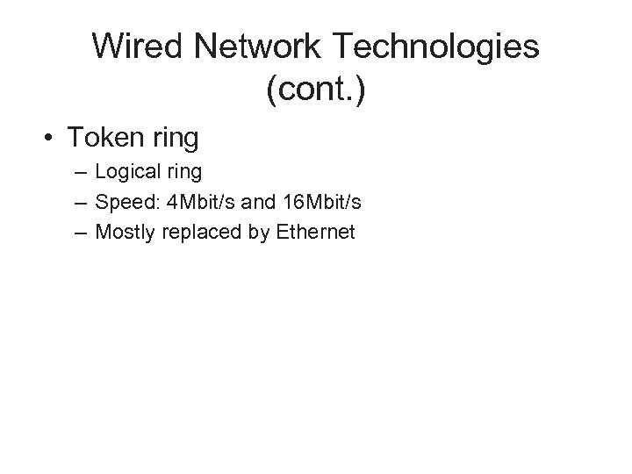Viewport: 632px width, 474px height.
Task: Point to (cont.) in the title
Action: click(x=315, y=90)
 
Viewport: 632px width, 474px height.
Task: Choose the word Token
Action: click(x=105, y=138)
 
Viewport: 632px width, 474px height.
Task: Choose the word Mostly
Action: click(x=123, y=233)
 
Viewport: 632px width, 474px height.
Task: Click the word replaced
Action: click(x=195, y=233)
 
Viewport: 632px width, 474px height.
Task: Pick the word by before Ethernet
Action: click(x=253, y=233)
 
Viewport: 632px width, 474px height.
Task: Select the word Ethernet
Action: click(x=312, y=233)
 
